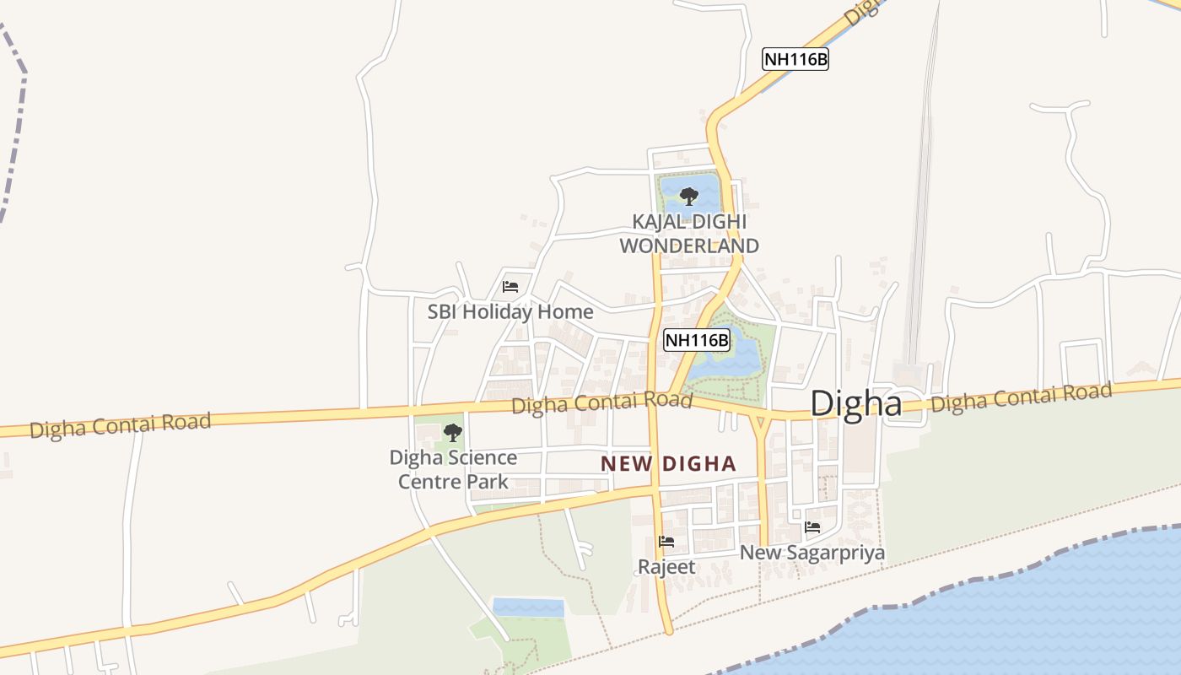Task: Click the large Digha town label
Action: point(855,403)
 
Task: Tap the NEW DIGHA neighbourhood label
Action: point(668,463)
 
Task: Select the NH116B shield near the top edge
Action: point(795,59)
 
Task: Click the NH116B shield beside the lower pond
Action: point(696,340)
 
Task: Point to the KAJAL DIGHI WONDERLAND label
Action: point(689,234)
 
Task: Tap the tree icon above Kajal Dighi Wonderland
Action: point(689,197)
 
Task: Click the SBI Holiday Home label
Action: point(510,311)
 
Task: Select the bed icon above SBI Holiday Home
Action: point(510,287)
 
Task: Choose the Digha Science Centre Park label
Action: point(453,469)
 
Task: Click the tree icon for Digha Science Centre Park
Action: point(453,433)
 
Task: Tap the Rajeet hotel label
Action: point(666,567)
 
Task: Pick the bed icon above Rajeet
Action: point(666,541)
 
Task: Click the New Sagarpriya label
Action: point(812,553)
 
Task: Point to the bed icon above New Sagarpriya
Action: point(812,527)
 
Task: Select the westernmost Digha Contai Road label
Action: point(120,424)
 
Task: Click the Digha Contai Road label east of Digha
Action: point(1021,397)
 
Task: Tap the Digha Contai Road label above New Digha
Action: point(601,402)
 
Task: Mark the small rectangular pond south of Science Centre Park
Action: point(528,607)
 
